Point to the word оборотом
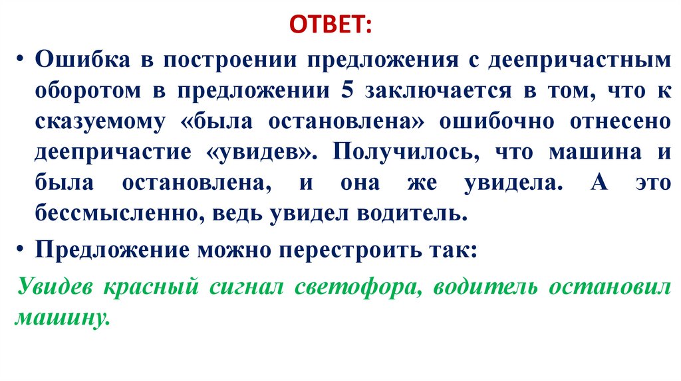88,92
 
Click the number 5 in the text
346,92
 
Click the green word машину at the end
61,318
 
